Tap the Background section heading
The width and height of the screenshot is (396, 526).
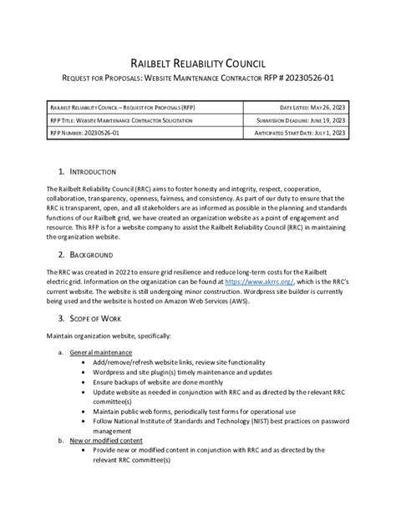(x=94, y=254)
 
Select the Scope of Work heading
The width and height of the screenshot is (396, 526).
(x=97, y=317)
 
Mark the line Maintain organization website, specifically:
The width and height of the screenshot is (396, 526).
(x=109, y=336)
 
